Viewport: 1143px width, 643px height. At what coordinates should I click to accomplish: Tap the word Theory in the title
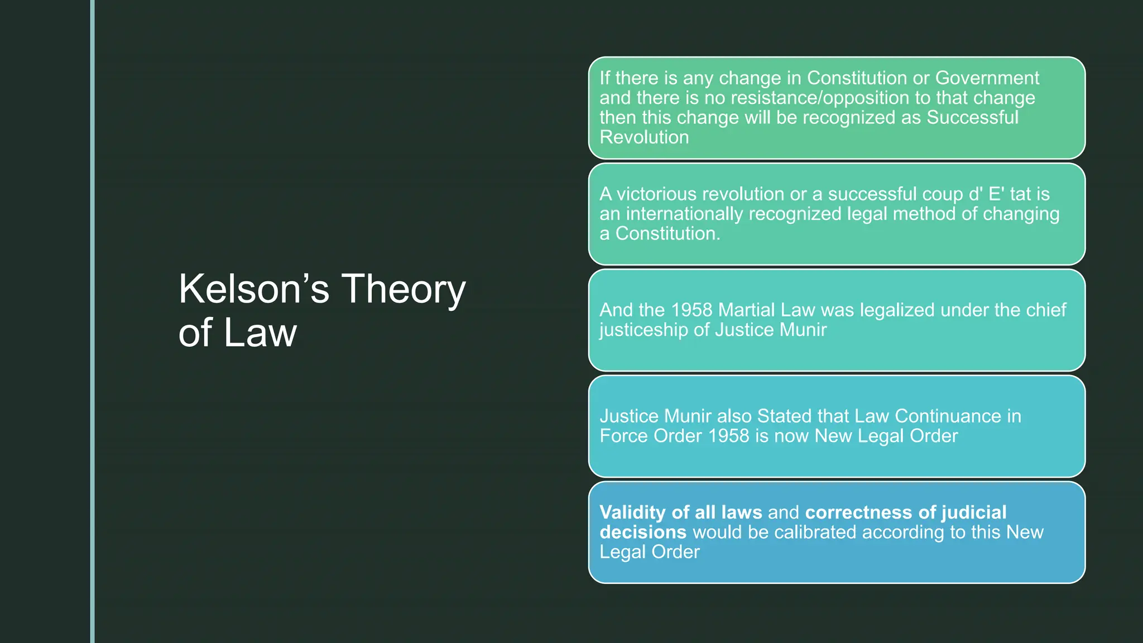(403, 289)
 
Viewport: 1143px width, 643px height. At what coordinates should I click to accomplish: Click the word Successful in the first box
(972, 118)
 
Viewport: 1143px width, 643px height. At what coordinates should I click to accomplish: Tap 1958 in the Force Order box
(728, 436)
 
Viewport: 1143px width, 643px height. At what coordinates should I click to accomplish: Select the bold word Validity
(633, 512)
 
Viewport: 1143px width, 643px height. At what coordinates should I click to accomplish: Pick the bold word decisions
(643, 532)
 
